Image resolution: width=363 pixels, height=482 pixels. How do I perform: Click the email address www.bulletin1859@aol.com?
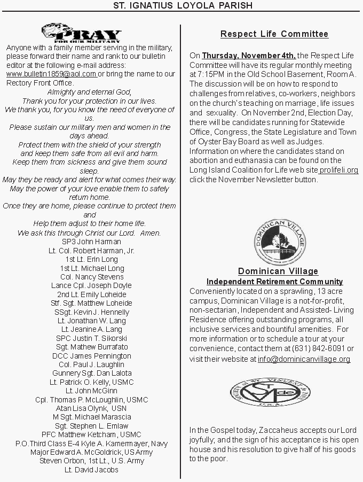pyautogui.click(x=51, y=74)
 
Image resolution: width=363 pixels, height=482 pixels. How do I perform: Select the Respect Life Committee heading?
pyautogui.click(x=274, y=34)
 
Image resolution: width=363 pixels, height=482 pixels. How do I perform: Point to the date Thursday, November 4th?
pyautogui.click(x=249, y=55)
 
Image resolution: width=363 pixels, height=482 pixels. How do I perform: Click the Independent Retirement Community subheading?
pyautogui.click(x=274, y=282)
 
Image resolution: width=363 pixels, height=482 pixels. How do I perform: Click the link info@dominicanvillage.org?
pyautogui.click(x=304, y=359)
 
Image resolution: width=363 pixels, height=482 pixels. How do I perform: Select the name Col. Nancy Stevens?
pyautogui.click(x=92, y=277)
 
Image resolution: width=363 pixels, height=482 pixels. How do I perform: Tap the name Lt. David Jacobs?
pyautogui.click(x=91, y=470)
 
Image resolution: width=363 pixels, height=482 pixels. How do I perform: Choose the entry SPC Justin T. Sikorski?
pyautogui.click(x=92, y=338)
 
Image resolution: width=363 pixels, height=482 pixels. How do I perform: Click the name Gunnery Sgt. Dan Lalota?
pyautogui.click(x=92, y=373)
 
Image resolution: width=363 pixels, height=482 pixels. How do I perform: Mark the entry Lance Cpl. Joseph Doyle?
pyautogui.click(x=91, y=285)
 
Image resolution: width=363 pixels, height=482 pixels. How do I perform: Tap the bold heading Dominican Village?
pyautogui.click(x=278, y=271)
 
